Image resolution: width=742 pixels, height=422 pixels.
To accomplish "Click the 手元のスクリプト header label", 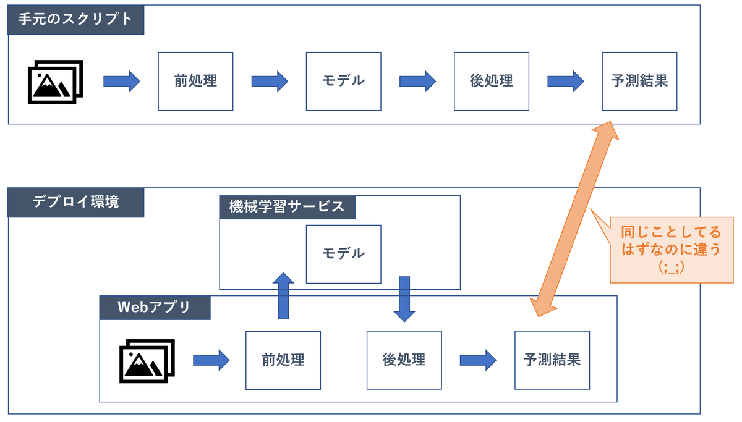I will click(75, 19).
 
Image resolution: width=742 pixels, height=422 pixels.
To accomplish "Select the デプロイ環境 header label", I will click(75, 202).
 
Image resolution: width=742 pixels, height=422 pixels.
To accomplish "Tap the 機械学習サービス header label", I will click(287, 207).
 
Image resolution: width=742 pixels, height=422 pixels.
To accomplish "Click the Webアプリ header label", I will click(155, 307).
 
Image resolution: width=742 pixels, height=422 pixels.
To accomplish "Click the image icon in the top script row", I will click(55, 82).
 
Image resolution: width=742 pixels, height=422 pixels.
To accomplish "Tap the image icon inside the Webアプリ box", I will click(147, 360).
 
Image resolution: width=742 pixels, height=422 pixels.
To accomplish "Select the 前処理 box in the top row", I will click(195, 81).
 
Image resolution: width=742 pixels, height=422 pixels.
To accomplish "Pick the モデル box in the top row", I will click(343, 81).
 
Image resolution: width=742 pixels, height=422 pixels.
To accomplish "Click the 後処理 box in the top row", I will click(491, 81).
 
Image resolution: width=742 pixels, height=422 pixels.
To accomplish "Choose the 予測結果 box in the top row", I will click(639, 81).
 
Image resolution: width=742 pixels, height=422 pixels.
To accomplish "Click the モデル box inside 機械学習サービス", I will click(343, 253).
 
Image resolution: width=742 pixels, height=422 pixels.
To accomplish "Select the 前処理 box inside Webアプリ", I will click(283, 360).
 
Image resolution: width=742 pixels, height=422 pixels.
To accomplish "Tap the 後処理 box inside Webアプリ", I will click(404, 360).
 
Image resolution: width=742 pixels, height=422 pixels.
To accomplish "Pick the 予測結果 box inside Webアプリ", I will click(552, 360).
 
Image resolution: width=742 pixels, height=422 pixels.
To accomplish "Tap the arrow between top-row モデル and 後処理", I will click(417, 81).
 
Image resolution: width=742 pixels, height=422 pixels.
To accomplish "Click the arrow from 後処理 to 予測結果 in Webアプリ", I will click(478, 360).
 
